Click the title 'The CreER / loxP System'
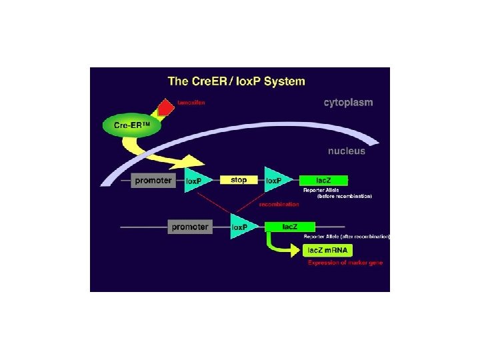236,81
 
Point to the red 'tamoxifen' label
191,103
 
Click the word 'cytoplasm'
348,103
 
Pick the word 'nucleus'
347,151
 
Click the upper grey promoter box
153,180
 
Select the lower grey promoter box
190,227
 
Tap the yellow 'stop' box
238,180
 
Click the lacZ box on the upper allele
323,180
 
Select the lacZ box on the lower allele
289,227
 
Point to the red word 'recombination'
279,204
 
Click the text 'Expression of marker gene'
345,263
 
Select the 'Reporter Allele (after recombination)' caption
347,237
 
